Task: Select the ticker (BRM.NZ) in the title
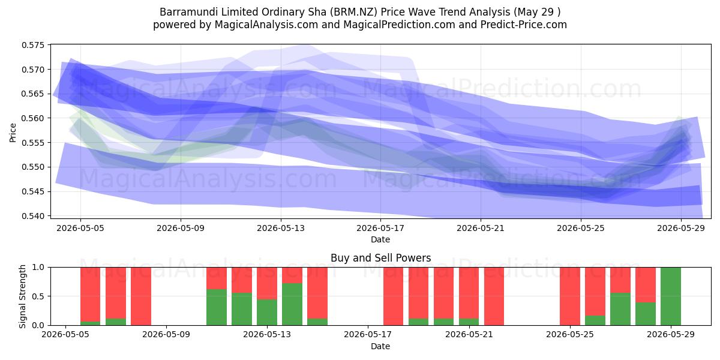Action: click(x=355, y=12)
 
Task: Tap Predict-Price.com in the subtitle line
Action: click(x=524, y=25)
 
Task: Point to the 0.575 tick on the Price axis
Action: click(x=33, y=45)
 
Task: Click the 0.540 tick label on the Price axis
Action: click(x=33, y=216)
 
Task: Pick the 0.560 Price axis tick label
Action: click(x=33, y=118)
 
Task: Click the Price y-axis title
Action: click(x=13, y=133)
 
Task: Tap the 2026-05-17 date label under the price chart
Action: click(x=380, y=228)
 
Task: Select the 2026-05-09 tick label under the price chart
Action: click(x=181, y=228)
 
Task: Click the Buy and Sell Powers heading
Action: click(x=380, y=258)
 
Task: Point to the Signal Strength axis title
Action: click(x=22, y=296)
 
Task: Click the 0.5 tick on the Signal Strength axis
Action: click(x=39, y=296)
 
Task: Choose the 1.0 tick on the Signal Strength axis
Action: click(x=39, y=268)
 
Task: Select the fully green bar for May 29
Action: click(x=671, y=296)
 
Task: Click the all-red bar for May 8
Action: click(x=141, y=296)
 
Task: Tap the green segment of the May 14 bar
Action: click(x=292, y=304)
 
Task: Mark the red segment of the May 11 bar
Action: click(x=217, y=278)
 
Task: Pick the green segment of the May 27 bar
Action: click(x=620, y=309)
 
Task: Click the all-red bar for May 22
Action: click(x=494, y=296)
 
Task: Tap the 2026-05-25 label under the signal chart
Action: click(x=570, y=335)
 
